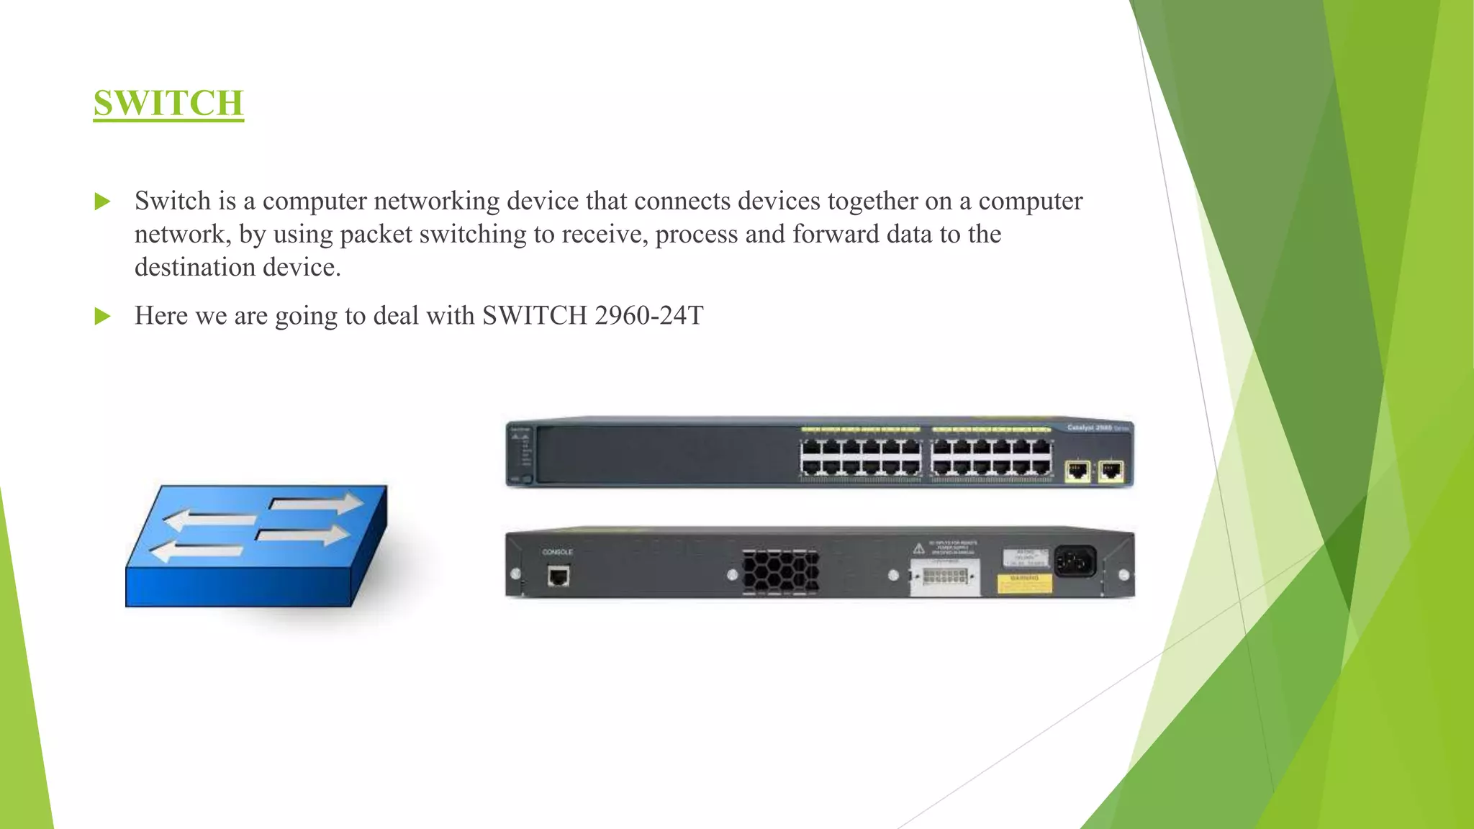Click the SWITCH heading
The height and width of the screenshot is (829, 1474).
click(x=168, y=103)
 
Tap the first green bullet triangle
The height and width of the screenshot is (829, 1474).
click(x=103, y=201)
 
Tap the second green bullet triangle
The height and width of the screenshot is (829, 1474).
click(x=103, y=316)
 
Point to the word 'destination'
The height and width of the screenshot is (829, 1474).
click(x=195, y=268)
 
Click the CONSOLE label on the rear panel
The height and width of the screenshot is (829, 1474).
click(x=557, y=552)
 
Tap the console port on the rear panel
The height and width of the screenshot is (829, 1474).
click(x=559, y=576)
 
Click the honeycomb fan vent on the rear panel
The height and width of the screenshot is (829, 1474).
click(x=780, y=572)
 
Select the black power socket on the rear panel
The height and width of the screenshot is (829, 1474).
click(x=1075, y=561)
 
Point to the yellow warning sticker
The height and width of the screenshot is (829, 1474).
click(x=1025, y=583)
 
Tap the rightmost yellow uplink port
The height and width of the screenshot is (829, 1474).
click(x=1111, y=471)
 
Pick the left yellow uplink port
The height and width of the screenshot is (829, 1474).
click(x=1077, y=471)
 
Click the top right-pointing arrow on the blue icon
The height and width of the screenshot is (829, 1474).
click(x=317, y=504)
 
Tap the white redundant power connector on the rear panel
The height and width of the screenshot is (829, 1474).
click(x=944, y=577)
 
